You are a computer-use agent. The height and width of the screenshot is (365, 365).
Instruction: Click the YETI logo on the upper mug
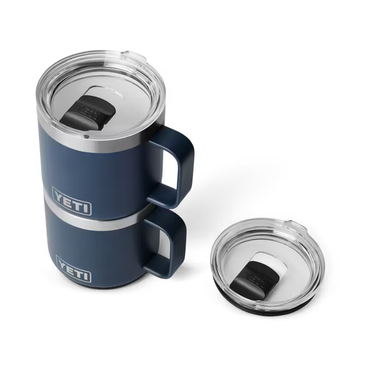click(72, 206)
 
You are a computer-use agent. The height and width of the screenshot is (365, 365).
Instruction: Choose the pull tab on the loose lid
click(293, 224)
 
